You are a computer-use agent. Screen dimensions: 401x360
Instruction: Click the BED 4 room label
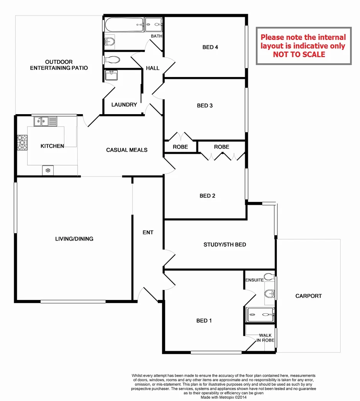[210, 47]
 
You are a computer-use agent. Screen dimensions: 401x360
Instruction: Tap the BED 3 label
[205, 106]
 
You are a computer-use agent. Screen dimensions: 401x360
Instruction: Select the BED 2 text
[208, 196]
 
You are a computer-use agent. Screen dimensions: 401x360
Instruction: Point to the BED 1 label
[204, 321]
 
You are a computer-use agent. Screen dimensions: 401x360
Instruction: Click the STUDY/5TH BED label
[224, 244]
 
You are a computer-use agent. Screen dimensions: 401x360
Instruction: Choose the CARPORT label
[308, 296]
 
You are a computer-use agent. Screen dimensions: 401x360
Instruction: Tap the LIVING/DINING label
[74, 239]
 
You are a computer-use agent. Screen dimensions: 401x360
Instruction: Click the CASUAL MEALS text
[127, 150]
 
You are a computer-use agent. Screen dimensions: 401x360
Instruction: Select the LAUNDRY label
[124, 105]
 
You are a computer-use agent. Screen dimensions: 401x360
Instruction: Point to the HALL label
[152, 68]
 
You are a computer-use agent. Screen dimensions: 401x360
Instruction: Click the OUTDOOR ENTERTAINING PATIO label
[59, 65]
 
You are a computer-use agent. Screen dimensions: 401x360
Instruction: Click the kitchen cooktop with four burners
[22, 142]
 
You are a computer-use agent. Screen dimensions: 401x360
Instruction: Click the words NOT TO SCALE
[299, 54]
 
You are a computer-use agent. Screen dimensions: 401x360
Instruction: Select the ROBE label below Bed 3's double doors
[180, 147]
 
